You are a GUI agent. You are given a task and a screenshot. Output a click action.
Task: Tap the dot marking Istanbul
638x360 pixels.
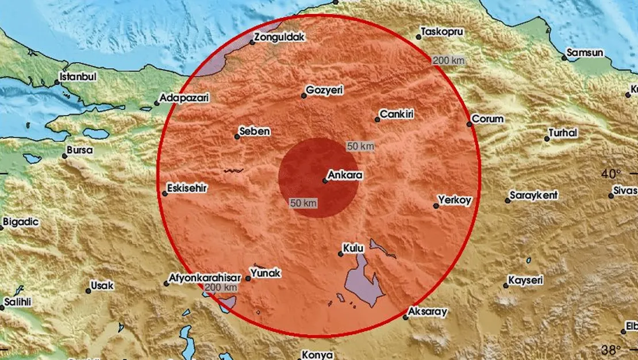tap(57, 83)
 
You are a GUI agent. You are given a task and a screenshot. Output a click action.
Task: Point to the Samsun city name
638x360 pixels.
tap(585, 53)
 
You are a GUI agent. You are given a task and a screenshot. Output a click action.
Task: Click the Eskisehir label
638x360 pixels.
tap(187, 188)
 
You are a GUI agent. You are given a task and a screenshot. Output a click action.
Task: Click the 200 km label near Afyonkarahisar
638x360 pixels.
tap(221, 288)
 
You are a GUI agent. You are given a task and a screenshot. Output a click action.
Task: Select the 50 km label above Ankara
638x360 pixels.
tap(360, 147)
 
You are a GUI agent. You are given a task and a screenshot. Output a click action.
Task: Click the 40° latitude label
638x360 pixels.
tap(611, 174)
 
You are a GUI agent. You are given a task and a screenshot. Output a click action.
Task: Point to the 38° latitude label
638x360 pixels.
tap(611, 349)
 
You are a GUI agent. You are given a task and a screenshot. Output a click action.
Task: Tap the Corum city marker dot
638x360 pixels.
tap(469, 124)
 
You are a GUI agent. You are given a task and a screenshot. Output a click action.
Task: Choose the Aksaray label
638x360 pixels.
tap(427, 311)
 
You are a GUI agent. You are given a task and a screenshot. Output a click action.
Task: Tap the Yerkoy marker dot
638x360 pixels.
tap(436, 205)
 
